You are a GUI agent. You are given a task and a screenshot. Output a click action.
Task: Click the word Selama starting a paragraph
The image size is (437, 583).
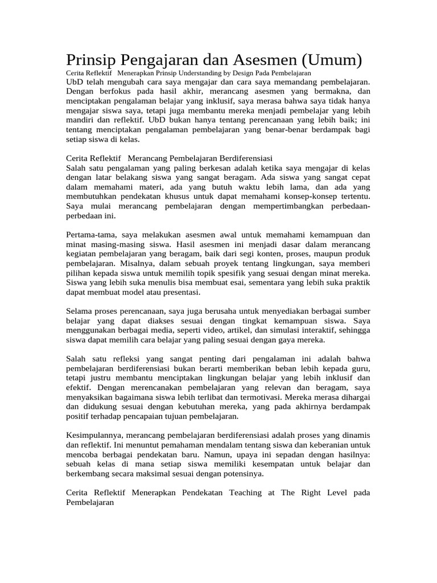pos(80,311)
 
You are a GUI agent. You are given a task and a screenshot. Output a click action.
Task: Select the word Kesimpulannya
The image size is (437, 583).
pos(96,435)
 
